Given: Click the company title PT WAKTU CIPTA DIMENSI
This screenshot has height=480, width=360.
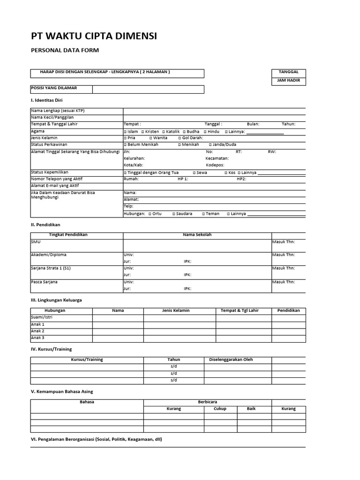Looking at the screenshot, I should click(94, 36).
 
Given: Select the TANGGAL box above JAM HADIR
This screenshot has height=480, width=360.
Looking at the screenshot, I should click(288, 72).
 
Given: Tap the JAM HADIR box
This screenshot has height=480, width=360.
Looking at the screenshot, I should click(288, 81).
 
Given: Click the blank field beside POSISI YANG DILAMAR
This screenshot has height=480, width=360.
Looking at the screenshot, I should click(148, 89).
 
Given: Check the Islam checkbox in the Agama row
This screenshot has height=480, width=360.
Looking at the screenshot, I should click(125, 132).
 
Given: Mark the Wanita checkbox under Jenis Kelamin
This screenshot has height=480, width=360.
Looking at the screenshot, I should click(150, 138).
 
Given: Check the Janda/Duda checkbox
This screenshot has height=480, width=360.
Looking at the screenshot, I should click(210, 145).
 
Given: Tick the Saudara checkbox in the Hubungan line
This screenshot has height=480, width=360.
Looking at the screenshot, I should click(173, 214).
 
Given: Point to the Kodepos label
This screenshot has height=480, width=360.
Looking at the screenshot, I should click(215, 165).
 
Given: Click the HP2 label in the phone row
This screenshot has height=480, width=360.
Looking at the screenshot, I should click(241, 179).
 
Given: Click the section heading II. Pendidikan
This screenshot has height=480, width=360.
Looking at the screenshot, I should click(45, 225).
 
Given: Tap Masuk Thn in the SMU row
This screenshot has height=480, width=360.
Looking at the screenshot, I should click(283, 242).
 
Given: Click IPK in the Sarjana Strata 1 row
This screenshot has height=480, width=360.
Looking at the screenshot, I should click(187, 275).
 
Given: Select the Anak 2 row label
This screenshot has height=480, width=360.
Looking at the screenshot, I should click(37, 331).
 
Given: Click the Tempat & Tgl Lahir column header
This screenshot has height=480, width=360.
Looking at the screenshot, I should click(240, 311).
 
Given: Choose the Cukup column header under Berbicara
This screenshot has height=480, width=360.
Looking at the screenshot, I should click(219, 409).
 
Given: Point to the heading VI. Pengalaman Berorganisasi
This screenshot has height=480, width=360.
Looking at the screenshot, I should click(96, 439).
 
